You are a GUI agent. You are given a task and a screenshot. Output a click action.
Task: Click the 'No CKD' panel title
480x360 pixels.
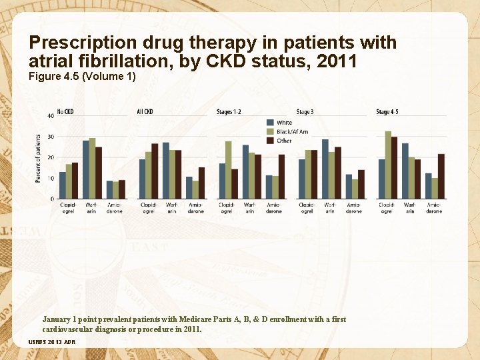pos(65,111)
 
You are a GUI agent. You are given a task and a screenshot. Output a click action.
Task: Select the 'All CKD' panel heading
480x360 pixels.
pos(145,111)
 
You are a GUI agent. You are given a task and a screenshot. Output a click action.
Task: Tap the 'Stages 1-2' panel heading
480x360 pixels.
pos(229,111)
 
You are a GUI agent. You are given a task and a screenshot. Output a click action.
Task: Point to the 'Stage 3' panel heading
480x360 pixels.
pos(305,111)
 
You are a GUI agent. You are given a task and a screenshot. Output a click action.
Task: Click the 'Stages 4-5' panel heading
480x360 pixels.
pos(388,111)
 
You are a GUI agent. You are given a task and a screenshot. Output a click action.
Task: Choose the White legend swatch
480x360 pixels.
pos(271,123)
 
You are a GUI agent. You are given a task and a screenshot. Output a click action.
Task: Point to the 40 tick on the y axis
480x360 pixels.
pos(51,116)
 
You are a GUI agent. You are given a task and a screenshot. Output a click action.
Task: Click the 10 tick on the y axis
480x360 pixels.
pos(51,178)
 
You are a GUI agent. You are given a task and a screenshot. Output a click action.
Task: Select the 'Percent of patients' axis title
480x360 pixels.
pos(38,158)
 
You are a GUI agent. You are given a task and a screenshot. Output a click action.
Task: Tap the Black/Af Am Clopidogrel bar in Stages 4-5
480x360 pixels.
pos(388,165)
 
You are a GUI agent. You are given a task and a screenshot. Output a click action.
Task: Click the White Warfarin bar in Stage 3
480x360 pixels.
pos(325,169)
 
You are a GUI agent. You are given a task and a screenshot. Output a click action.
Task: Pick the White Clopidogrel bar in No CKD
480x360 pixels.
pos(63,185)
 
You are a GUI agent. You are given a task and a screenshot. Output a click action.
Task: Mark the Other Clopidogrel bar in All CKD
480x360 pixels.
pos(155,171)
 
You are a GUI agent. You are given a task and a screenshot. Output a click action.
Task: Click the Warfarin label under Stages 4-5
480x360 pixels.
pos(410,207)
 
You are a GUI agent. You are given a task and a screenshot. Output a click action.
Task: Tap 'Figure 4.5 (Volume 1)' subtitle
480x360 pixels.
pos(83,77)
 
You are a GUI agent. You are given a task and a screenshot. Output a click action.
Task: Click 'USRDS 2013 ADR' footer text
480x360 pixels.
pos(52,342)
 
